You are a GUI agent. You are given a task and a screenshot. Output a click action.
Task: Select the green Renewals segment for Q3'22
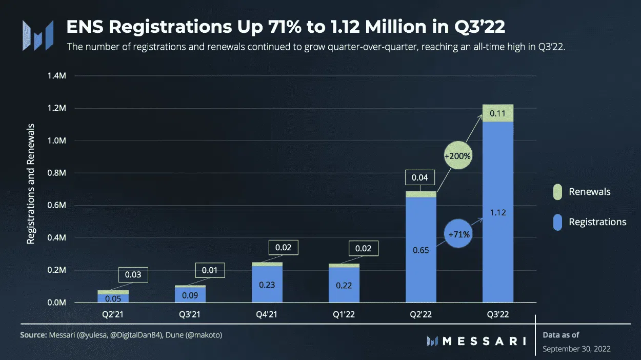[x=497, y=113]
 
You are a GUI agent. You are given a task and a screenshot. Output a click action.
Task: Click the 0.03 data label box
[x=133, y=274]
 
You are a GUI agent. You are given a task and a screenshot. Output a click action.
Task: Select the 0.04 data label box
[x=420, y=177]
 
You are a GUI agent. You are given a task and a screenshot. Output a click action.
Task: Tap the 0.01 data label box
[x=210, y=270]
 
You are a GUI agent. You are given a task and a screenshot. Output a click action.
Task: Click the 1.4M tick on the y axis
[x=57, y=76]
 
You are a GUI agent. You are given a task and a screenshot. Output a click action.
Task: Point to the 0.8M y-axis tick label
[x=57, y=173]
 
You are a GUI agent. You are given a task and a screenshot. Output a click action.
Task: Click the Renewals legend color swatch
[x=557, y=192]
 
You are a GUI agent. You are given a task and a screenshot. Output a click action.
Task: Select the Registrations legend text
[x=597, y=222]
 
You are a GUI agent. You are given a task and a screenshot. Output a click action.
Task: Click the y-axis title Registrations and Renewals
[x=31, y=184]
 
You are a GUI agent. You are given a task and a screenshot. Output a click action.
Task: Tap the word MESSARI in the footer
[x=484, y=341]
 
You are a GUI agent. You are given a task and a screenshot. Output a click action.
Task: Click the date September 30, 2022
[x=576, y=349]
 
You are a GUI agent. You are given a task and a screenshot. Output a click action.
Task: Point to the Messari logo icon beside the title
[x=37, y=35]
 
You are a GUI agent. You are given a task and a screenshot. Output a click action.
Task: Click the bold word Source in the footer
[x=33, y=335]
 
